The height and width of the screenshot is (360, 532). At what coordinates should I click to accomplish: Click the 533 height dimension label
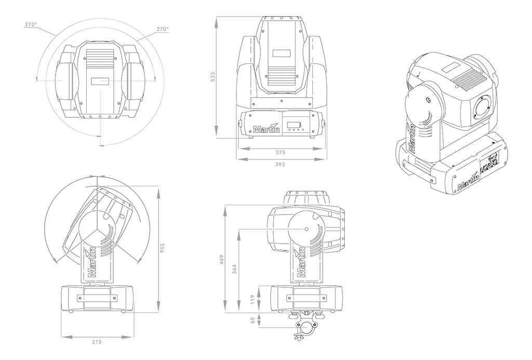point(212,77)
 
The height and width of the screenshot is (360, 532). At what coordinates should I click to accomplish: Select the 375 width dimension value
point(280,153)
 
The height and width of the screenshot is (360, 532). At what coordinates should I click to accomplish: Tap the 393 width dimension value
point(280,164)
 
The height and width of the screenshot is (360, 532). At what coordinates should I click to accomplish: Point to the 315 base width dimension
point(97,342)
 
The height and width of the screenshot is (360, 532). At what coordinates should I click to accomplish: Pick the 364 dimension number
point(234,269)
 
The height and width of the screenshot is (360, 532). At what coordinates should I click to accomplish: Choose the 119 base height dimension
point(252,299)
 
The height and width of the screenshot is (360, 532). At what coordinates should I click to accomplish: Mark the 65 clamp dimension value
point(252,321)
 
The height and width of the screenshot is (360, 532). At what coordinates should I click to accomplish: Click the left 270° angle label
point(31,24)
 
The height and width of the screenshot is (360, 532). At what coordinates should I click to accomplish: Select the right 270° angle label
point(163,29)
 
